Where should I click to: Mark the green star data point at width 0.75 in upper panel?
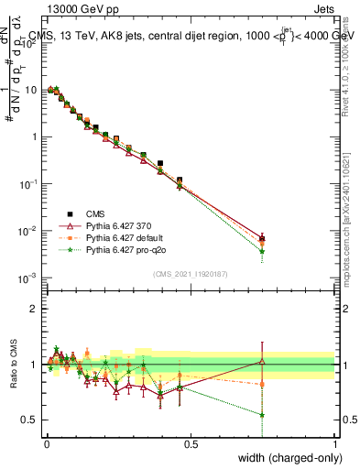click(263, 251)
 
